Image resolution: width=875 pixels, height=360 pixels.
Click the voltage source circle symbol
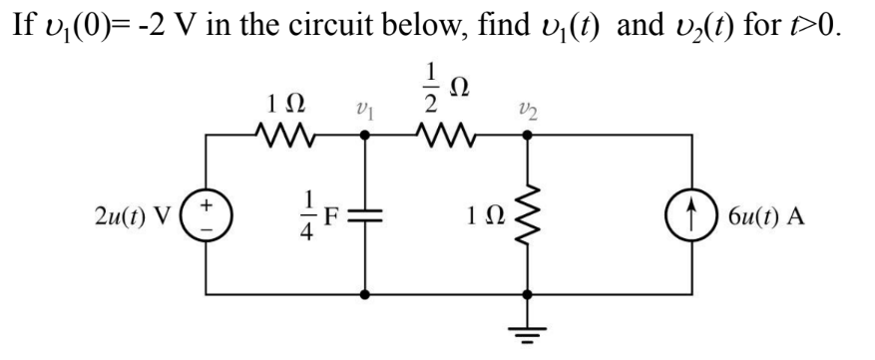[x=207, y=216]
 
